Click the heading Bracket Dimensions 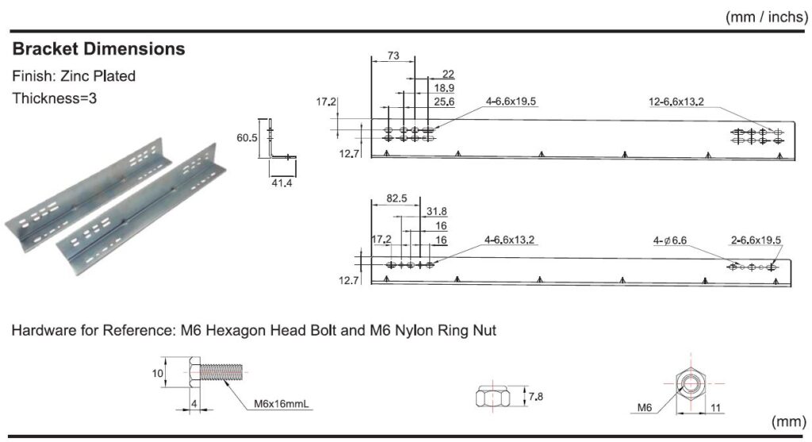98,49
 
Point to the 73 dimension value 393,56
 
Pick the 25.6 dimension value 444,102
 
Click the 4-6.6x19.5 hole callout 511,102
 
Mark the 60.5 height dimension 247,137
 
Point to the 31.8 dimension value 436,211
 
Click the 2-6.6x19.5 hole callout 756,240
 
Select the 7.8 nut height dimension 538,394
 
